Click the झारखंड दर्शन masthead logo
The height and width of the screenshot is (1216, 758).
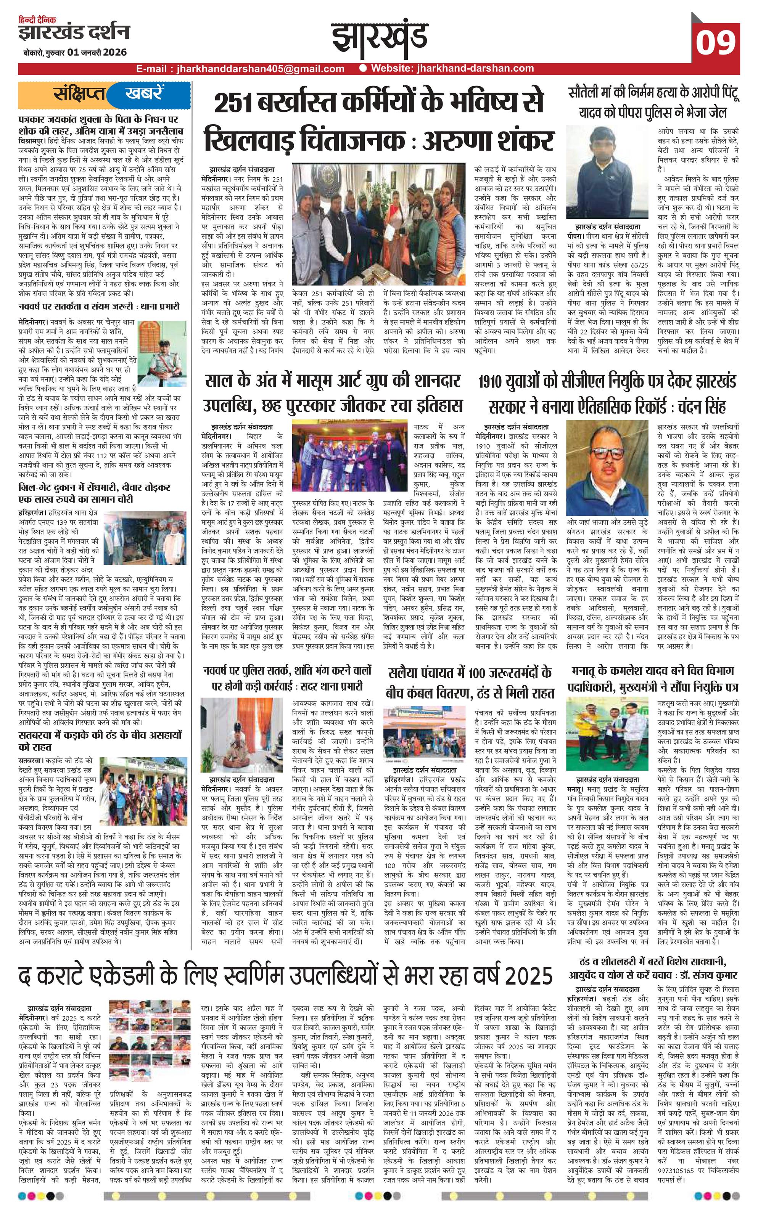click(74, 32)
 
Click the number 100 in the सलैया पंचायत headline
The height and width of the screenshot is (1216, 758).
click(489, 672)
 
